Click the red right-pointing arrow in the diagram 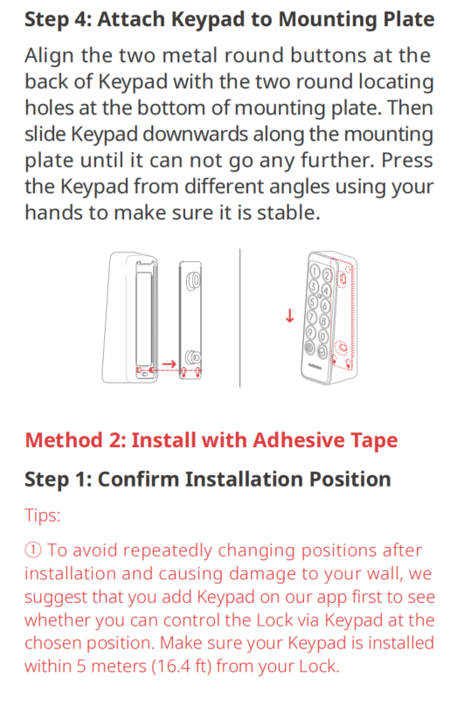click(169, 363)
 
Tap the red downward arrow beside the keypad click(290, 315)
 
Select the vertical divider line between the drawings click(239, 318)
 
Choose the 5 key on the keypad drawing click(312, 301)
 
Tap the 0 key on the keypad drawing click(323, 336)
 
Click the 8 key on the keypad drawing click(324, 321)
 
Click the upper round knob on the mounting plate click(193, 280)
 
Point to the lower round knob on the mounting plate click(193, 357)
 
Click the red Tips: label click(42, 516)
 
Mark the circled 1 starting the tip click(32, 550)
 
